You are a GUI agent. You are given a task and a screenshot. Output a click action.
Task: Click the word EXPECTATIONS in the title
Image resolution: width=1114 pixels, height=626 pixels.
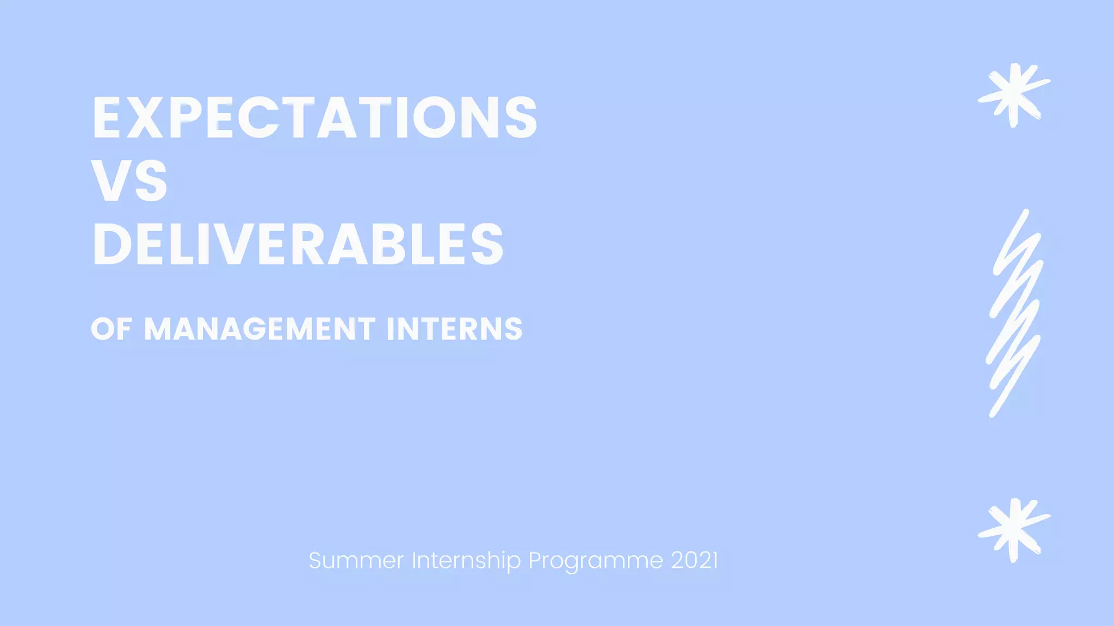click(314, 118)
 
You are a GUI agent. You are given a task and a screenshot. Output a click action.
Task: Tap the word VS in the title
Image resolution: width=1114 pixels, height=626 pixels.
click(129, 181)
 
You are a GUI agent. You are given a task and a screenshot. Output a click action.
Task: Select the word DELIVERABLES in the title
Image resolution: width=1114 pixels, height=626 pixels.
click(298, 245)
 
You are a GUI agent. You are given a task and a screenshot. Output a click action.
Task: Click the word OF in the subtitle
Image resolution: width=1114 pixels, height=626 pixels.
click(112, 329)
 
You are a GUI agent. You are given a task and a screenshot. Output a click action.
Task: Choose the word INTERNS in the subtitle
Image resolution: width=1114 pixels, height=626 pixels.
click(454, 329)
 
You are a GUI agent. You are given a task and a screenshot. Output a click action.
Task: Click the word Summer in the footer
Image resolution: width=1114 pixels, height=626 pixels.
click(356, 560)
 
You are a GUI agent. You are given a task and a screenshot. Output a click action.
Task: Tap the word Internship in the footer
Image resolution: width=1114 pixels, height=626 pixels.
click(466, 560)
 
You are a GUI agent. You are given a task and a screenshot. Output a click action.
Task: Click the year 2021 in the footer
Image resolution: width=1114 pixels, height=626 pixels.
click(695, 560)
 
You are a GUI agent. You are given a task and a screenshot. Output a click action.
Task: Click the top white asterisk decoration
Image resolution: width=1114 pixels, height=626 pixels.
click(1013, 95)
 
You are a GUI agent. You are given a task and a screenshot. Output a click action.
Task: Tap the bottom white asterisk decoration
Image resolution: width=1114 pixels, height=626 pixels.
click(1013, 530)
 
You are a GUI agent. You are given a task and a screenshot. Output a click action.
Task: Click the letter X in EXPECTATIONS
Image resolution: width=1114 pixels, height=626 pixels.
click(145, 118)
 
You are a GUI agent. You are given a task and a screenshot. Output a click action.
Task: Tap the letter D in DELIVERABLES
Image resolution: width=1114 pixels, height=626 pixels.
click(112, 245)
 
